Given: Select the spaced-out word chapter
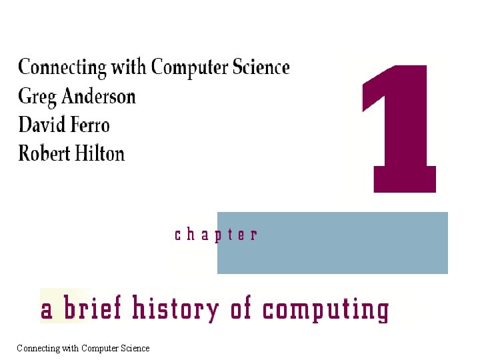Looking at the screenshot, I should point(215,235).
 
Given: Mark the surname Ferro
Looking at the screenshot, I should point(89,125).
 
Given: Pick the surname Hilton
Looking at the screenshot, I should point(99,153).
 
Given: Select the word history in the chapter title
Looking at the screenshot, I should point(175,310).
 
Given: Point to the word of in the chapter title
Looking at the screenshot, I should point(241,309).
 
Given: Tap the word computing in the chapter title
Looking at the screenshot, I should point(325,311).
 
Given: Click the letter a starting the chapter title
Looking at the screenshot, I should point(47,311).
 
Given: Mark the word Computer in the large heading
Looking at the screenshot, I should point(194,68).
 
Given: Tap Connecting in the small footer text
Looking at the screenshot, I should point(36,349).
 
